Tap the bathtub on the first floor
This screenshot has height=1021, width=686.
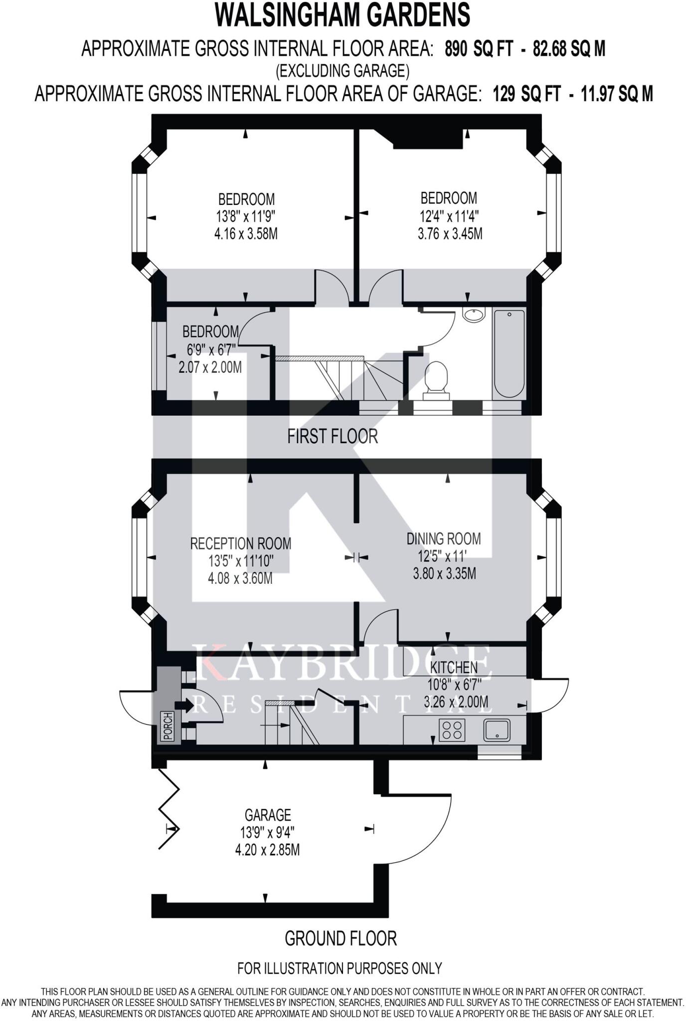tap(509, 352)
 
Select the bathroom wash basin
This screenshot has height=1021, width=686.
tap(473, 315)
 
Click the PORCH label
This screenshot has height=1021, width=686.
tap(168, 726)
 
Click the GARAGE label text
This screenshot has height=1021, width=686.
tap(268, 815)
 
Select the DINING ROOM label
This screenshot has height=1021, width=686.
tap(444, 539)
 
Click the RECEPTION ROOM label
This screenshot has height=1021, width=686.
tap(241, 543)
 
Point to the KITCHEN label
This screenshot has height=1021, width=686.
tap(454, 667)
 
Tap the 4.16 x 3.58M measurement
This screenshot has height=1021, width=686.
tap(246, 234)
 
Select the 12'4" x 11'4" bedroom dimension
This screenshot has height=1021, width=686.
tap(449, 216)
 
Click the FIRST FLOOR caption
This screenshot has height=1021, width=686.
tap(333, 437)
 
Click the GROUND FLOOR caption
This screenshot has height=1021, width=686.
tap(341, 939)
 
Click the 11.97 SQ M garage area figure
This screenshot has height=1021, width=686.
tap(617, 93)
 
